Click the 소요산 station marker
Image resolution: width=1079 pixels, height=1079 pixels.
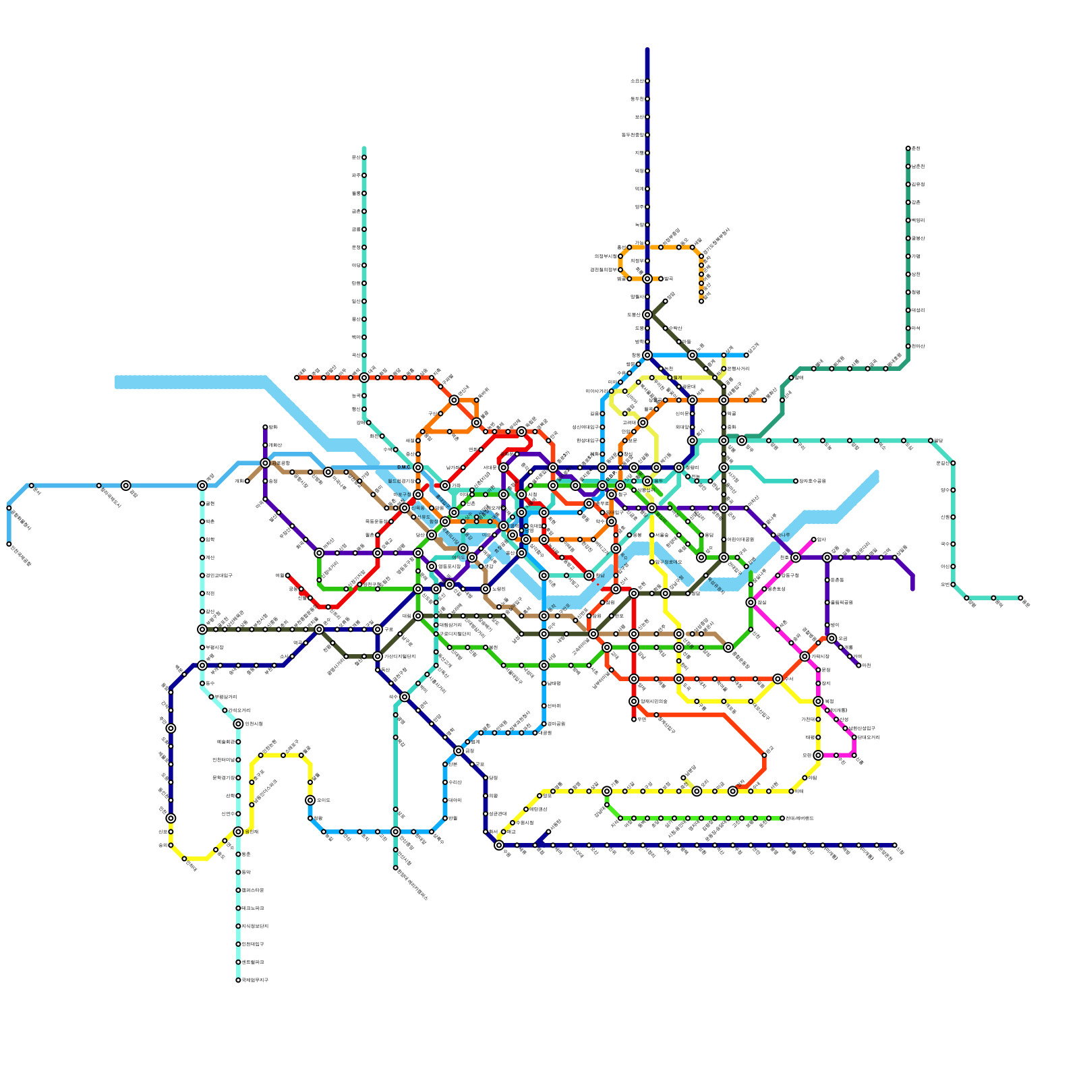647,81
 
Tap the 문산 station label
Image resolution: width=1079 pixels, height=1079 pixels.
356,158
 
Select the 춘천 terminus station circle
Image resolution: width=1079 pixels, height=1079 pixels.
908,148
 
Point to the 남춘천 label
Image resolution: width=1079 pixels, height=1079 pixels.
918,167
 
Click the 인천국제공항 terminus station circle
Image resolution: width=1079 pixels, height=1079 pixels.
9,544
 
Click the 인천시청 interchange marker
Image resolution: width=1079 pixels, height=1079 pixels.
238,724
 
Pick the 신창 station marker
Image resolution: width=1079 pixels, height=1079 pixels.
895,845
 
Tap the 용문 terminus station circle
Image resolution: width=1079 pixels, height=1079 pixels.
1020,598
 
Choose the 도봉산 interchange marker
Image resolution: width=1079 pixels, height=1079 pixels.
647,315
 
